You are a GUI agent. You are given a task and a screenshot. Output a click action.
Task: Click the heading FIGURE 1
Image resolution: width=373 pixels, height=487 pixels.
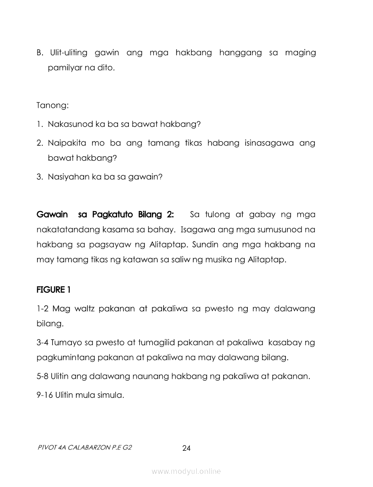[x=53, y=289]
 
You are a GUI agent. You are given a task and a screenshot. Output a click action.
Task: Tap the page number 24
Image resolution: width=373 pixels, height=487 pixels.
[x=186, y=448]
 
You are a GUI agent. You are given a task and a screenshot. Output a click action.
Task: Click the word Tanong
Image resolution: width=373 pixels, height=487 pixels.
[x=52, y=106]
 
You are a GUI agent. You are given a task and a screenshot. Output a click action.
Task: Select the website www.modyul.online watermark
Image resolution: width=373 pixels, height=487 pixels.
[x=186, y=472]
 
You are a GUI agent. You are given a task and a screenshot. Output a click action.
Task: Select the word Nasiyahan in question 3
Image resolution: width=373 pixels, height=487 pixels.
[x=68, y=177]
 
